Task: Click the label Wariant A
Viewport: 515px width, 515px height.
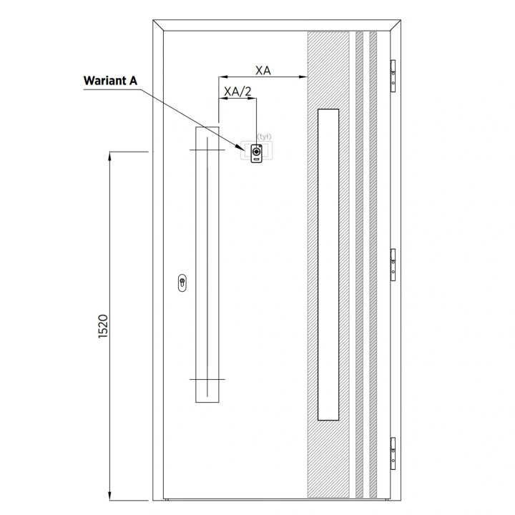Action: [110, 81]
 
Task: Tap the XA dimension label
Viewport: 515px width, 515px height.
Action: [263, 70]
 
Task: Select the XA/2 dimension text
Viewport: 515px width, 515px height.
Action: [237, 92]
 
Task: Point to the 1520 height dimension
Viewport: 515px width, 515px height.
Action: [103, 326]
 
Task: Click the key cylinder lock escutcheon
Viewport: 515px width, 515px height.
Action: [182, 283]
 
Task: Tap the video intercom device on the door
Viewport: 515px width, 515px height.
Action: [257, 153]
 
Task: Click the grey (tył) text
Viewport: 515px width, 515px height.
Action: [264, 137]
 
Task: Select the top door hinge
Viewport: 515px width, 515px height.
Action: [393, 76]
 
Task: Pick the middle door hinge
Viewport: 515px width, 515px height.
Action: [393, 265]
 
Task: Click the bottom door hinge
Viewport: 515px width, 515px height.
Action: [393, 453]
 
